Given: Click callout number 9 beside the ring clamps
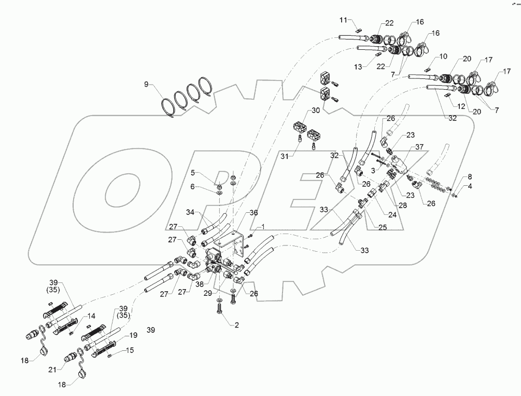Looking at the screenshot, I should pyautogui.click(x=146, y=84).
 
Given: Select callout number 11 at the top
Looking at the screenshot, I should pyautogui.click(x=342, y=20).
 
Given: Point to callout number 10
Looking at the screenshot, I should pyautogui.click(x=443, y=56).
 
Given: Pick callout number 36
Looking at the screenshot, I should pyautogui.click(x=254, y=212).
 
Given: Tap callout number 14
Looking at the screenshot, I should pyautogui.click(x=92, y=315).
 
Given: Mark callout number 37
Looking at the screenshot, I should pyautogui.click(x=419, y=147).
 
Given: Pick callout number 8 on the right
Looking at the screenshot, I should pyautogui.click(x=456, y=177).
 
